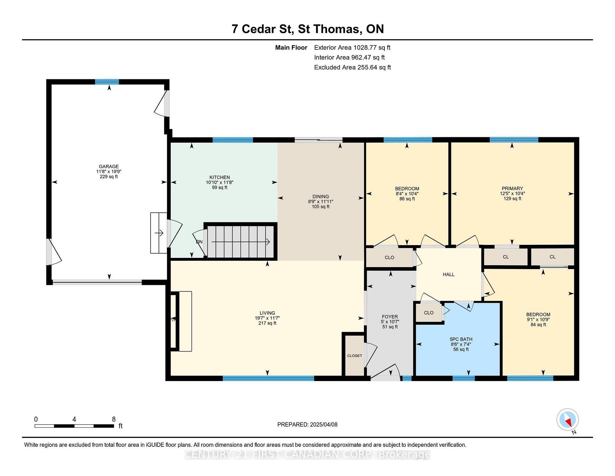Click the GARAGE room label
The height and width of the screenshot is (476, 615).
[109, 166]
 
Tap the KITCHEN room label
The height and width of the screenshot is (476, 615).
[219, 177]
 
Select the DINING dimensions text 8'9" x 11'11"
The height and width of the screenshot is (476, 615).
[321, 202]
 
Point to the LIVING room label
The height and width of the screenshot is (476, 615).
[267, 313]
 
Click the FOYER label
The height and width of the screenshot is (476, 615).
[390, 317]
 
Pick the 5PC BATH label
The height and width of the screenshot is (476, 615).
[461, 339]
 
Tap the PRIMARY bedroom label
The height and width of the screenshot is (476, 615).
[512, 189]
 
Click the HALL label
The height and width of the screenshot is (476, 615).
[448, 275]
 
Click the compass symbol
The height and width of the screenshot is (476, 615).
[568, 420]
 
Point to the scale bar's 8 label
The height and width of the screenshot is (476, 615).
[114, 419]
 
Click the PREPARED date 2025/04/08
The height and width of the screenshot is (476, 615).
[324, 425]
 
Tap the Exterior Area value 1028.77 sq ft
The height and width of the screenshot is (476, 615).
[372, 48]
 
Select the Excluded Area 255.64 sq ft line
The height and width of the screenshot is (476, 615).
[352, 67]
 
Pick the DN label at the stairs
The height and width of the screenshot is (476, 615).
[199, 242]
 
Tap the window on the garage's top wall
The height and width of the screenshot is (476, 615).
[107, 82]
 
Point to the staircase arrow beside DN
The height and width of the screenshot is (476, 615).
[241, 242]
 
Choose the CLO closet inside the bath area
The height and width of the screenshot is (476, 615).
[429, 313]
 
